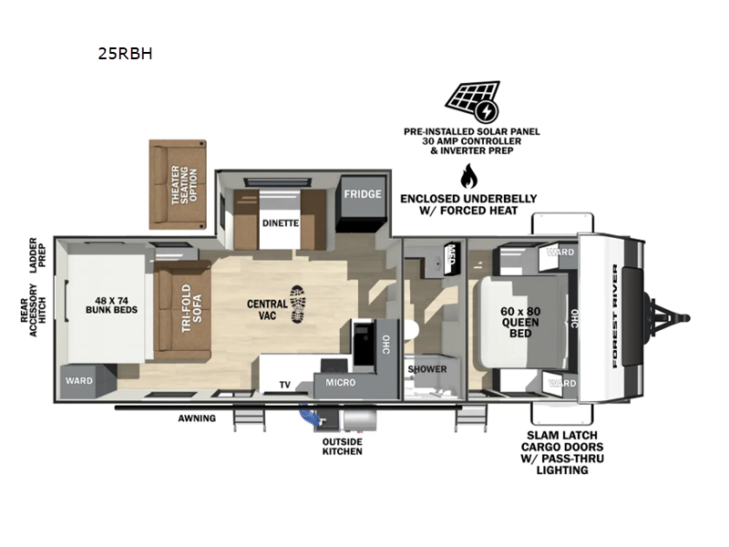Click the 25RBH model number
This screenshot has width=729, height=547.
(x=125, y=54)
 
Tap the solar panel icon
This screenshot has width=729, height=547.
(x=472, y=101)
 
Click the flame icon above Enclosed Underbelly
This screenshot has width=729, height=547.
(x=468, y=176)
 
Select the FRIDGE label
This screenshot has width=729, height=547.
(x=363, y=194)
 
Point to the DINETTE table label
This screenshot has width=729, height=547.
(x=281, y=223)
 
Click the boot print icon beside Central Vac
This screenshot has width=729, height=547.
(x=298, y=304)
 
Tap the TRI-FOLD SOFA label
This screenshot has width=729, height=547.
(x=191, y=308)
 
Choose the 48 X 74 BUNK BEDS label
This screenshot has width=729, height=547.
(x=111, y=305)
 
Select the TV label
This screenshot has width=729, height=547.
(x=285, y=385)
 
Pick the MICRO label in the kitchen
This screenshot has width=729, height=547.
(x=340, y=382)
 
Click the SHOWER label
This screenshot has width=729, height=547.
(x=427, y=369)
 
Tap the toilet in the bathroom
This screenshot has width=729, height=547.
(x=411, y=331)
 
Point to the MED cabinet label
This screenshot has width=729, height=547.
(x=450, y=253)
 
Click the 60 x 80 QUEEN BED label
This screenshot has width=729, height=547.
(x=520, y=323)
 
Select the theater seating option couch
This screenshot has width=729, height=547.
(x=178, y=185)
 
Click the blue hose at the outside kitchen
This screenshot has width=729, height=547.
(x=309, y=415)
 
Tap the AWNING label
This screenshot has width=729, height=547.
(x=197, y=418)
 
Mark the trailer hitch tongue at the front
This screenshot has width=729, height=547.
(x=667, y=318)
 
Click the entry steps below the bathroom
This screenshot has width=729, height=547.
(x=471, y=418)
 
